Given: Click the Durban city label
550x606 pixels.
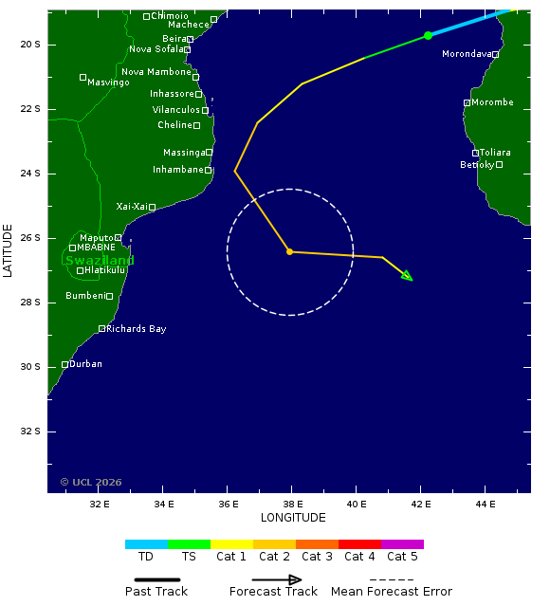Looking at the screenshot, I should (x=85, y=364).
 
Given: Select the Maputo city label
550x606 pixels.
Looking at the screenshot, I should (x=97, y=237).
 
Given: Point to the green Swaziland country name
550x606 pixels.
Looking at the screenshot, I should (x=100, y=261).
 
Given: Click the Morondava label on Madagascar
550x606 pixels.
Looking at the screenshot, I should (x=467, y=54).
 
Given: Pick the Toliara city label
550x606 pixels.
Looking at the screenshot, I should (x=495, y=153).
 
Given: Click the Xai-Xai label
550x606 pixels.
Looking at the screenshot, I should (x=132, y=206).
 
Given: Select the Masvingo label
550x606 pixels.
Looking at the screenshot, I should (x=108, y=83).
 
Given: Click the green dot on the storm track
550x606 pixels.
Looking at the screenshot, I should (x=428, y=35).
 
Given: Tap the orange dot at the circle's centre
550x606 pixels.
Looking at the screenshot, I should (x=290, y=251).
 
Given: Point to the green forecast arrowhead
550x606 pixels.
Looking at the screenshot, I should (x=408, y=276).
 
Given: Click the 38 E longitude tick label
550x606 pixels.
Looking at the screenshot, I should (x=293, y=504).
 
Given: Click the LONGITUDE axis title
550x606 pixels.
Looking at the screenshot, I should (x=293, y=518).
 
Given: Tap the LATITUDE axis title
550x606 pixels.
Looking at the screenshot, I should (x=9, y=250).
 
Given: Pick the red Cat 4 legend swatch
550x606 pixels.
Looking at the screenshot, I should (x=359, y=544).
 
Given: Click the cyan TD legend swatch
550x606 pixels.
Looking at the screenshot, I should (x=146, y=544).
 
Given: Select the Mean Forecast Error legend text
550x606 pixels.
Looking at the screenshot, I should (x=392, y=592).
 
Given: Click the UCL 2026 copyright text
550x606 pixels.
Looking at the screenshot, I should (x=91, y=483).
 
